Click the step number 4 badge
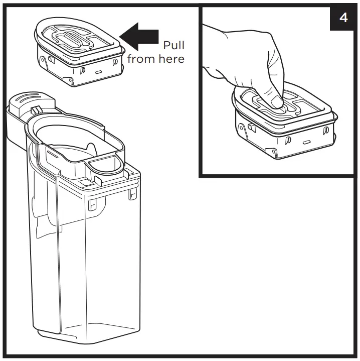click(x=343, y=18)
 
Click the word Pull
click(x=173, y=46)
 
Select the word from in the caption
click(x=142, y=59)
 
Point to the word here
click(x=171, y=59)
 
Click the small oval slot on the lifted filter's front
click(x=100, y=72)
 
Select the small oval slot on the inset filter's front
click(x=305, y=143)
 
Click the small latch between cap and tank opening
click(x=36, y=110)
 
